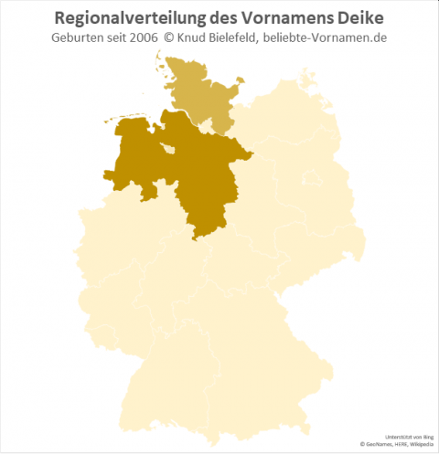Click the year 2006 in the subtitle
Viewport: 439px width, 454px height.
coord(161,39)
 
